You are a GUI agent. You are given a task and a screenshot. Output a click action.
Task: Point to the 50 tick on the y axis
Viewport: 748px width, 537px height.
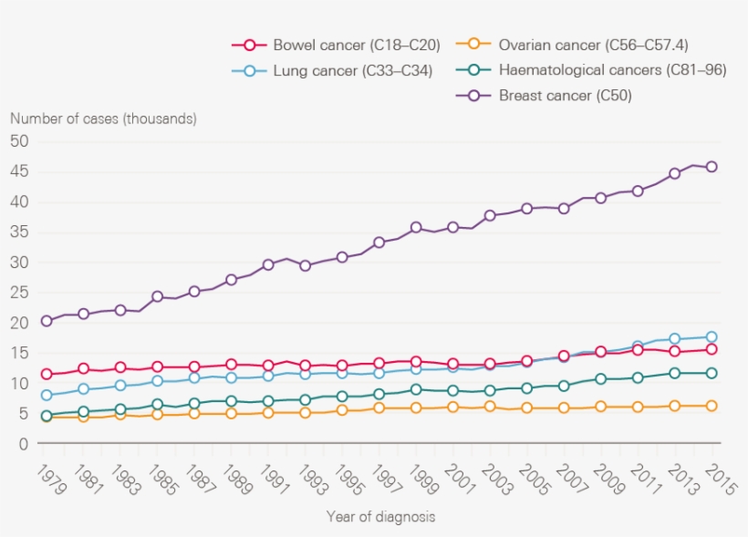[19, 141]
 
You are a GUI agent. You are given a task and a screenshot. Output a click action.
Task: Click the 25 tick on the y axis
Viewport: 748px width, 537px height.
[19, 293]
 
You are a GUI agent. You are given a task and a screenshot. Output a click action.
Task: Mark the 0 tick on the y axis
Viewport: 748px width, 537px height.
[24, 444]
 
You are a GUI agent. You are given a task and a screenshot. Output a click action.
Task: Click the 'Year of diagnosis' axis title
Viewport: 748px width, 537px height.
[381, 517]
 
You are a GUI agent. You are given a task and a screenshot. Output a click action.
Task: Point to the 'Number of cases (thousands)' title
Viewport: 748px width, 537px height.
[103, 119]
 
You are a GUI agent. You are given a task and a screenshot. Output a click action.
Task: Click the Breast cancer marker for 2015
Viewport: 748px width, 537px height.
[712, 167]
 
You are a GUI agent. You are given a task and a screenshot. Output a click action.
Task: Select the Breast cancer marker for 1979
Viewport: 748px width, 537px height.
[47, 321]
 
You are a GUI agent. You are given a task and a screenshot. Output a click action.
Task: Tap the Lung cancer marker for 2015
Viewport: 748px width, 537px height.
[712, 336]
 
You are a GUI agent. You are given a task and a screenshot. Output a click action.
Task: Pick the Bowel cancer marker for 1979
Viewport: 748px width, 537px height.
[47, 374]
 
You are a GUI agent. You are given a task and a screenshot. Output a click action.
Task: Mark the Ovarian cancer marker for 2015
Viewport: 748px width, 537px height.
[712, 406]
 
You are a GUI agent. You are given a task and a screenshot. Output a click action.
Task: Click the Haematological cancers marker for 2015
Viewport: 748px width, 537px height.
[712, 373]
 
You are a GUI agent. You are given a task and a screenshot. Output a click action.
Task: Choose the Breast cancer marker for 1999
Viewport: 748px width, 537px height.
[416, 227]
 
